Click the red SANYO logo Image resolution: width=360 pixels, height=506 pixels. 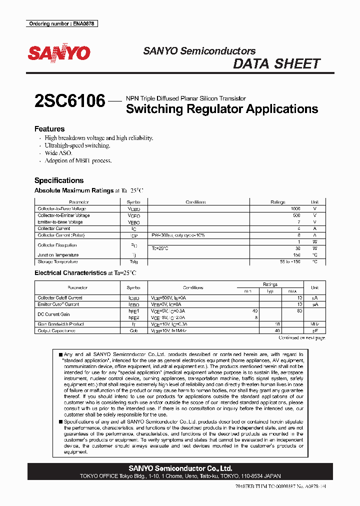(59, 53)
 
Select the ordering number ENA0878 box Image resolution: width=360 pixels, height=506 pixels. (61, 23)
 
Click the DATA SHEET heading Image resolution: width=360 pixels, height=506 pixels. (276, 64)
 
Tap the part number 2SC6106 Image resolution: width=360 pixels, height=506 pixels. (69, 101)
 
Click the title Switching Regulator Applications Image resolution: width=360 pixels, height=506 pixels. (222, 109)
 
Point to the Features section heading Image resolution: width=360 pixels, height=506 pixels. (49, 129)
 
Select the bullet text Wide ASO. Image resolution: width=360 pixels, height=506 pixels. (58, 153)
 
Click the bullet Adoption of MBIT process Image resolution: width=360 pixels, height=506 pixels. (78, 160)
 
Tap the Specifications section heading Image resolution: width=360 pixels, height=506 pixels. (59, 180)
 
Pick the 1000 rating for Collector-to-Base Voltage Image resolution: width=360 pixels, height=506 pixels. (295, 208)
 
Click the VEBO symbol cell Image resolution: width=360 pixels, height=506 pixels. (133, 222)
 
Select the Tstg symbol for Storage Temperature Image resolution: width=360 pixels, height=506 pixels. (133, 261)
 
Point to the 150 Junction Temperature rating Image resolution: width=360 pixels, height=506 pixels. (296, 255)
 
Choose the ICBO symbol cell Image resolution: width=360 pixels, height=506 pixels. (133, 298)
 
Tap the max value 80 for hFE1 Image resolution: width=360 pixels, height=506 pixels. (299, 311)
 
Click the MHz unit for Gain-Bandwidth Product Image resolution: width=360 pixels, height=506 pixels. (314, 324)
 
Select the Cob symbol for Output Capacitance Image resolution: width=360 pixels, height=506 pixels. (133, 330)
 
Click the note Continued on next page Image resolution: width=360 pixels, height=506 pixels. (301, 338)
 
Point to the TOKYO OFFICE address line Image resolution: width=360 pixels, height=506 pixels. (180, 476)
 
